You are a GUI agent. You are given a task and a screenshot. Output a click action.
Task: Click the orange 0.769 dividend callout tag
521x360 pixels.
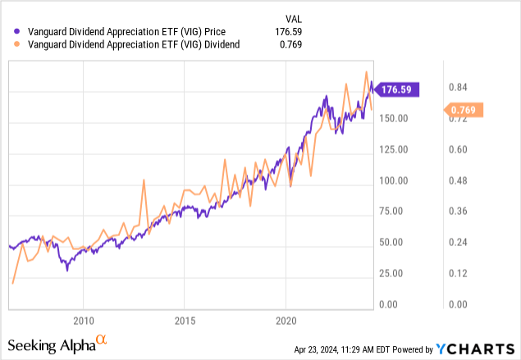coord(465,110)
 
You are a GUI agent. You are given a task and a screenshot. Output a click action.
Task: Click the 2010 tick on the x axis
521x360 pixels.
coord(84,319)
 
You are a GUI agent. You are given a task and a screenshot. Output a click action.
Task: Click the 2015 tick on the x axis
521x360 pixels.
coord(185,319)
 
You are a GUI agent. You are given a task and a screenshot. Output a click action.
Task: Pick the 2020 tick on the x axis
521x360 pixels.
coord(286,319)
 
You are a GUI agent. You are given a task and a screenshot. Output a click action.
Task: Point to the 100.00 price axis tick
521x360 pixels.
coord(397,180)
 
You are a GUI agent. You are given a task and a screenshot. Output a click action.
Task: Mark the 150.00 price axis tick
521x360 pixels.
coord(397,119)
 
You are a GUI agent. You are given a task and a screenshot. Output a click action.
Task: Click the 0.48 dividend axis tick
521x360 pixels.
coord(457,180)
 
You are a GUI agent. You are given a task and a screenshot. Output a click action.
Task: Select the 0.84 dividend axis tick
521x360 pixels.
coord(457,88)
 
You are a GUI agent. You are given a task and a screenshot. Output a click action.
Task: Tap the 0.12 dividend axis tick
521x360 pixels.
coord(457,273)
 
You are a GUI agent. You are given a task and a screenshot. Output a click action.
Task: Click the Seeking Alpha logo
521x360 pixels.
coord(57,342)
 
